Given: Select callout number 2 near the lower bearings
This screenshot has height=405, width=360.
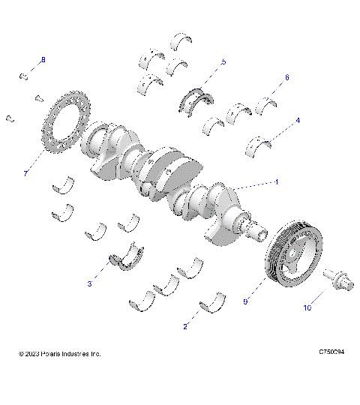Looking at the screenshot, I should (185, 326).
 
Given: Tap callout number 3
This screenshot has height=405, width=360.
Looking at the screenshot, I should (90, 284).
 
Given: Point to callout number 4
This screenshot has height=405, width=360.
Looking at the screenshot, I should (298, 120).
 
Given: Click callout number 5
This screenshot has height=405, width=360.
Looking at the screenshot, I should (223, 61).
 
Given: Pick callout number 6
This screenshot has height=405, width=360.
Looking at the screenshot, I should (286, 77).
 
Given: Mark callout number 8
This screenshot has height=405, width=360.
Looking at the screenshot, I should (43, 59).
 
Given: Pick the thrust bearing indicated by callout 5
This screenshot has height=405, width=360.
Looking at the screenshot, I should (196, 98).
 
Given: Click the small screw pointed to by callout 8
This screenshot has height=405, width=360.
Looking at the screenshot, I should (24, 75).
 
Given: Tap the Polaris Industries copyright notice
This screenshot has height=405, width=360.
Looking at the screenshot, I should (59, 353).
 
